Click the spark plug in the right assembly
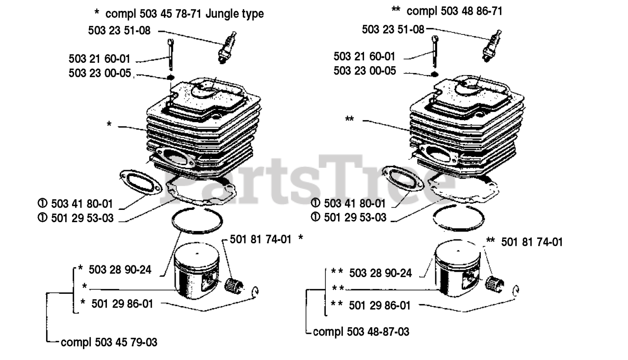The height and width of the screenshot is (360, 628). (x=492, y=46)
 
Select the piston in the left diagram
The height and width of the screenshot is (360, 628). (x=196, y=267)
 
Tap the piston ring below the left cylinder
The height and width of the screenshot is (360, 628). (x=197, y=232)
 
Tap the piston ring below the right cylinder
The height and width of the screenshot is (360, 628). (x=458, y=231)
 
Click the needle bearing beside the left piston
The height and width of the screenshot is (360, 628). (x=234, y=286)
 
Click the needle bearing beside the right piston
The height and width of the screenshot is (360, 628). (x=494, y=284)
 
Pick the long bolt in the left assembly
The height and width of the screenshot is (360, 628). (x=171, y=54)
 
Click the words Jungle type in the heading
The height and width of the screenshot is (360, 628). (x=235, y=14)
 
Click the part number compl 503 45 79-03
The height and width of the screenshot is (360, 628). (x=109, y=342)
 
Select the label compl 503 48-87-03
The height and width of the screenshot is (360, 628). (x=361, y=332)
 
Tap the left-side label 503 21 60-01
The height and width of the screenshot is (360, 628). (x=100, y=59)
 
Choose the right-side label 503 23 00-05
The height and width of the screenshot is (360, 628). (x=365, y=71)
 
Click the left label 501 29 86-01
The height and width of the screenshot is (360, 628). (x=122, y=304)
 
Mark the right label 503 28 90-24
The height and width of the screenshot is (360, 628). (x=380, y=273)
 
